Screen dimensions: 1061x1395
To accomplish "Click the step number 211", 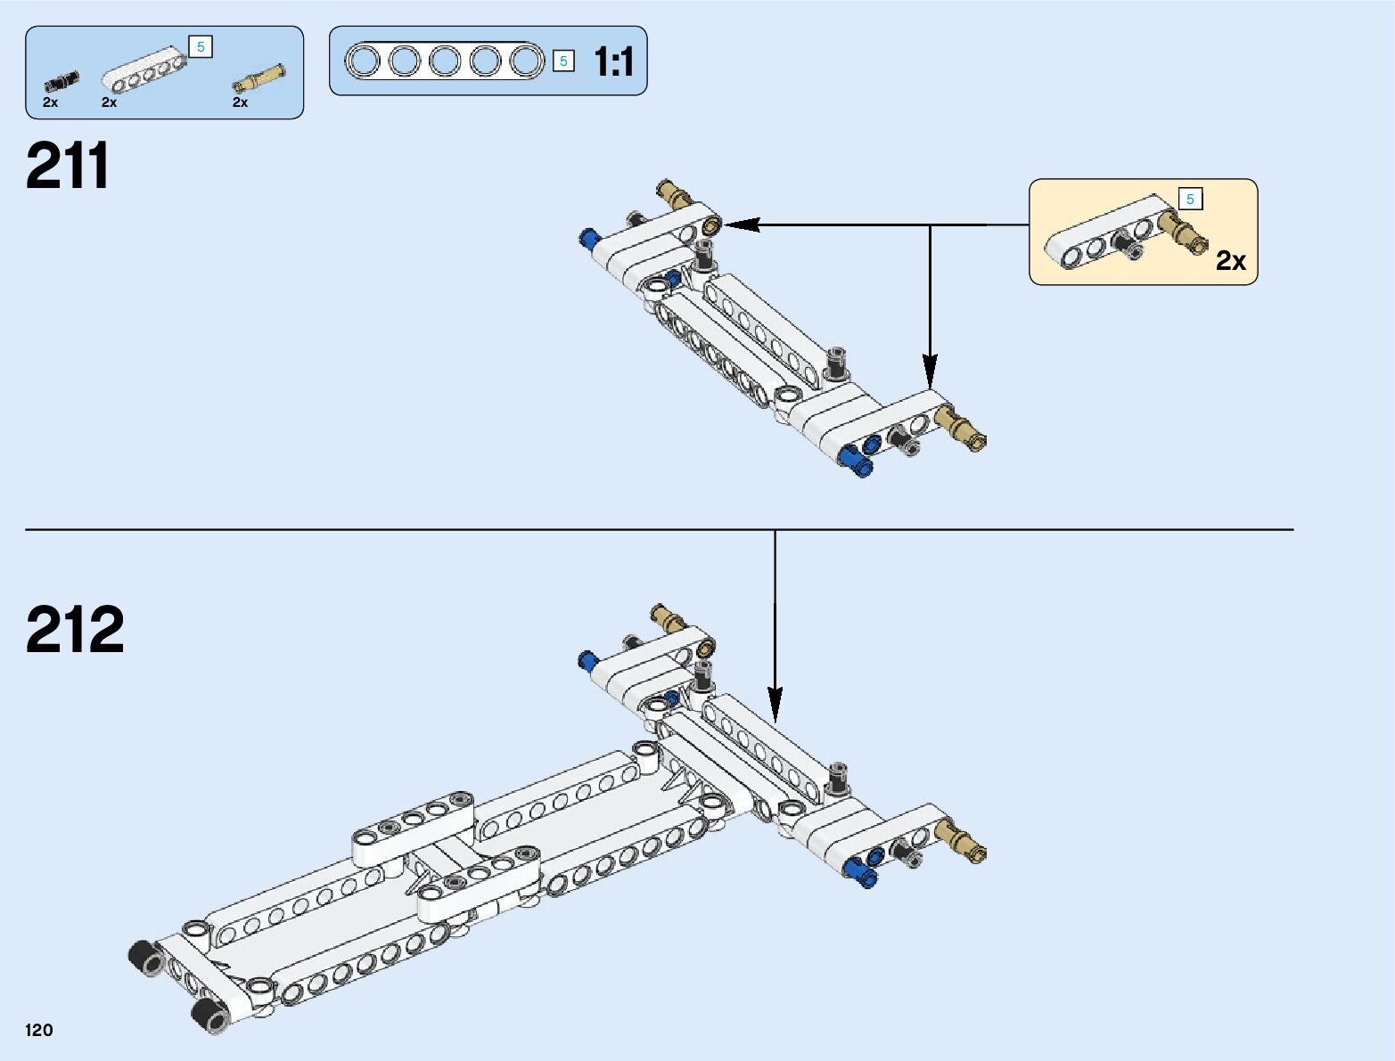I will coord(68,167).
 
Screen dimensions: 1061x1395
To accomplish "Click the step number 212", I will coord(75,630).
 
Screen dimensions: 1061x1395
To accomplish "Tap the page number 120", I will coord(39,1031).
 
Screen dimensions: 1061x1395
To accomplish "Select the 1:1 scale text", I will coord(613,62).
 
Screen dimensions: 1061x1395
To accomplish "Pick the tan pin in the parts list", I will coord(259,78).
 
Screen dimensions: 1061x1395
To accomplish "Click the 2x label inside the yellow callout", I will coord(1231,260).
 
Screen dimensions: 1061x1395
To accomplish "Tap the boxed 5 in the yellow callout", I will coord(1190,200).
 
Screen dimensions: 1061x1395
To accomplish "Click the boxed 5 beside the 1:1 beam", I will coord(563,61).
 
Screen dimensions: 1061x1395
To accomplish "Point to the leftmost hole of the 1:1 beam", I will coord(363,61).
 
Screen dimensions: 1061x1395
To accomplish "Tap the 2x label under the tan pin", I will coord(241,102).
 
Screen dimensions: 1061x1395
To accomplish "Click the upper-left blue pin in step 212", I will coord(587,660).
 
